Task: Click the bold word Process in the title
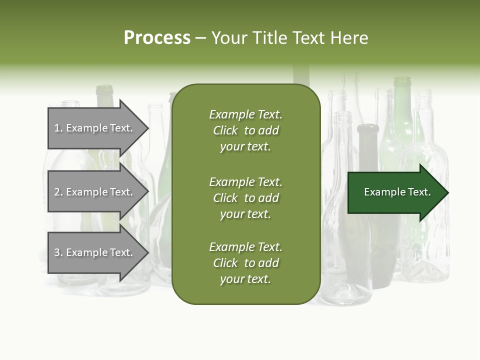(157, 38)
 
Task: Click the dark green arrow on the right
(395, 192)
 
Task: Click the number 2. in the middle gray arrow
(58, 192)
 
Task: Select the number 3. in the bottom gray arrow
(58, 252)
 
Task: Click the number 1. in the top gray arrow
(58, 128)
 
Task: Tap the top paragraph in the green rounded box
(245, 130)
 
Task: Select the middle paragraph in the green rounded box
(245, 198)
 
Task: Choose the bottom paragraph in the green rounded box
(245, 263)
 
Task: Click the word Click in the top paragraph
(225, 130)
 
